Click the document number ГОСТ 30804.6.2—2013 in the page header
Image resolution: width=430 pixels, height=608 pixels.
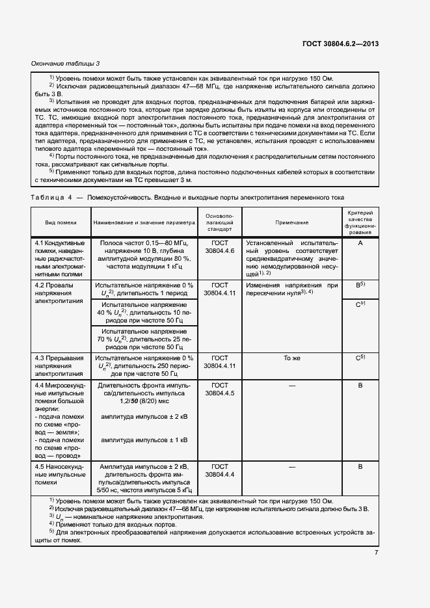pos(340,44)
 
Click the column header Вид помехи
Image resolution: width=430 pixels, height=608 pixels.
pos(60,222)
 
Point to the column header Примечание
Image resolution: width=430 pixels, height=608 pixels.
pos(291,222)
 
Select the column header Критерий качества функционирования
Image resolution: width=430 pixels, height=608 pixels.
pos(359,222)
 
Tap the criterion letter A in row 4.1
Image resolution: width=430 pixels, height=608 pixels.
pos(359,243)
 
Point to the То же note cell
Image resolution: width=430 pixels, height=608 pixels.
pos(291,358)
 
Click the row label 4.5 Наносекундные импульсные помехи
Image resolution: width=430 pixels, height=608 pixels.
pos(60,475)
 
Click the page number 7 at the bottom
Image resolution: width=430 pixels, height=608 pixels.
pos(376,553)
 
